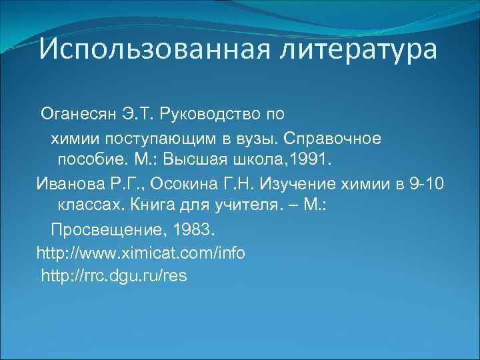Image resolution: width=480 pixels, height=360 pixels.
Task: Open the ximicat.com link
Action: click(x=141, y=253)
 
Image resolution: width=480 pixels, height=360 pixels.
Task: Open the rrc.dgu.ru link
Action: click(x=114, y=276)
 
